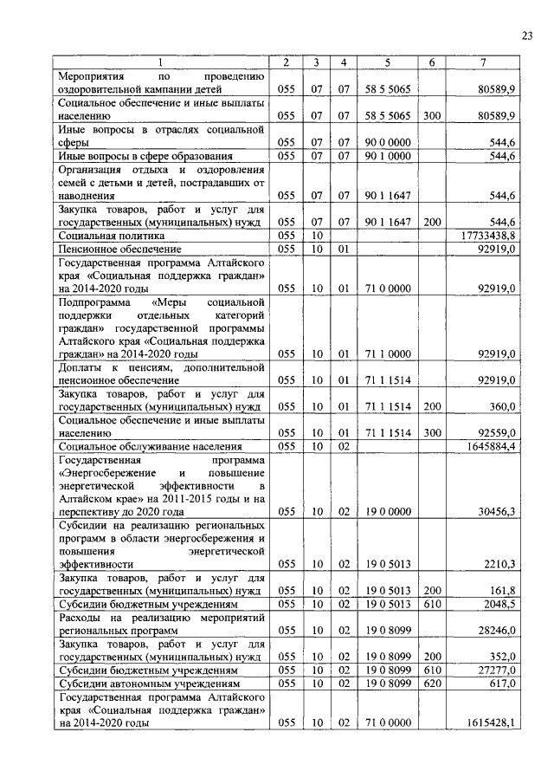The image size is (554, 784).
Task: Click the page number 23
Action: pyautogui.click(x=526, y=35)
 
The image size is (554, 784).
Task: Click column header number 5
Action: pyautogui.click(x=388, y=62)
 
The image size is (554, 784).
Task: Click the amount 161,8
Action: pyautogui.click(x=503, y=590)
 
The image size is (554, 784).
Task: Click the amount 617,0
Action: pyautogui.click(x=503, y=683)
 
